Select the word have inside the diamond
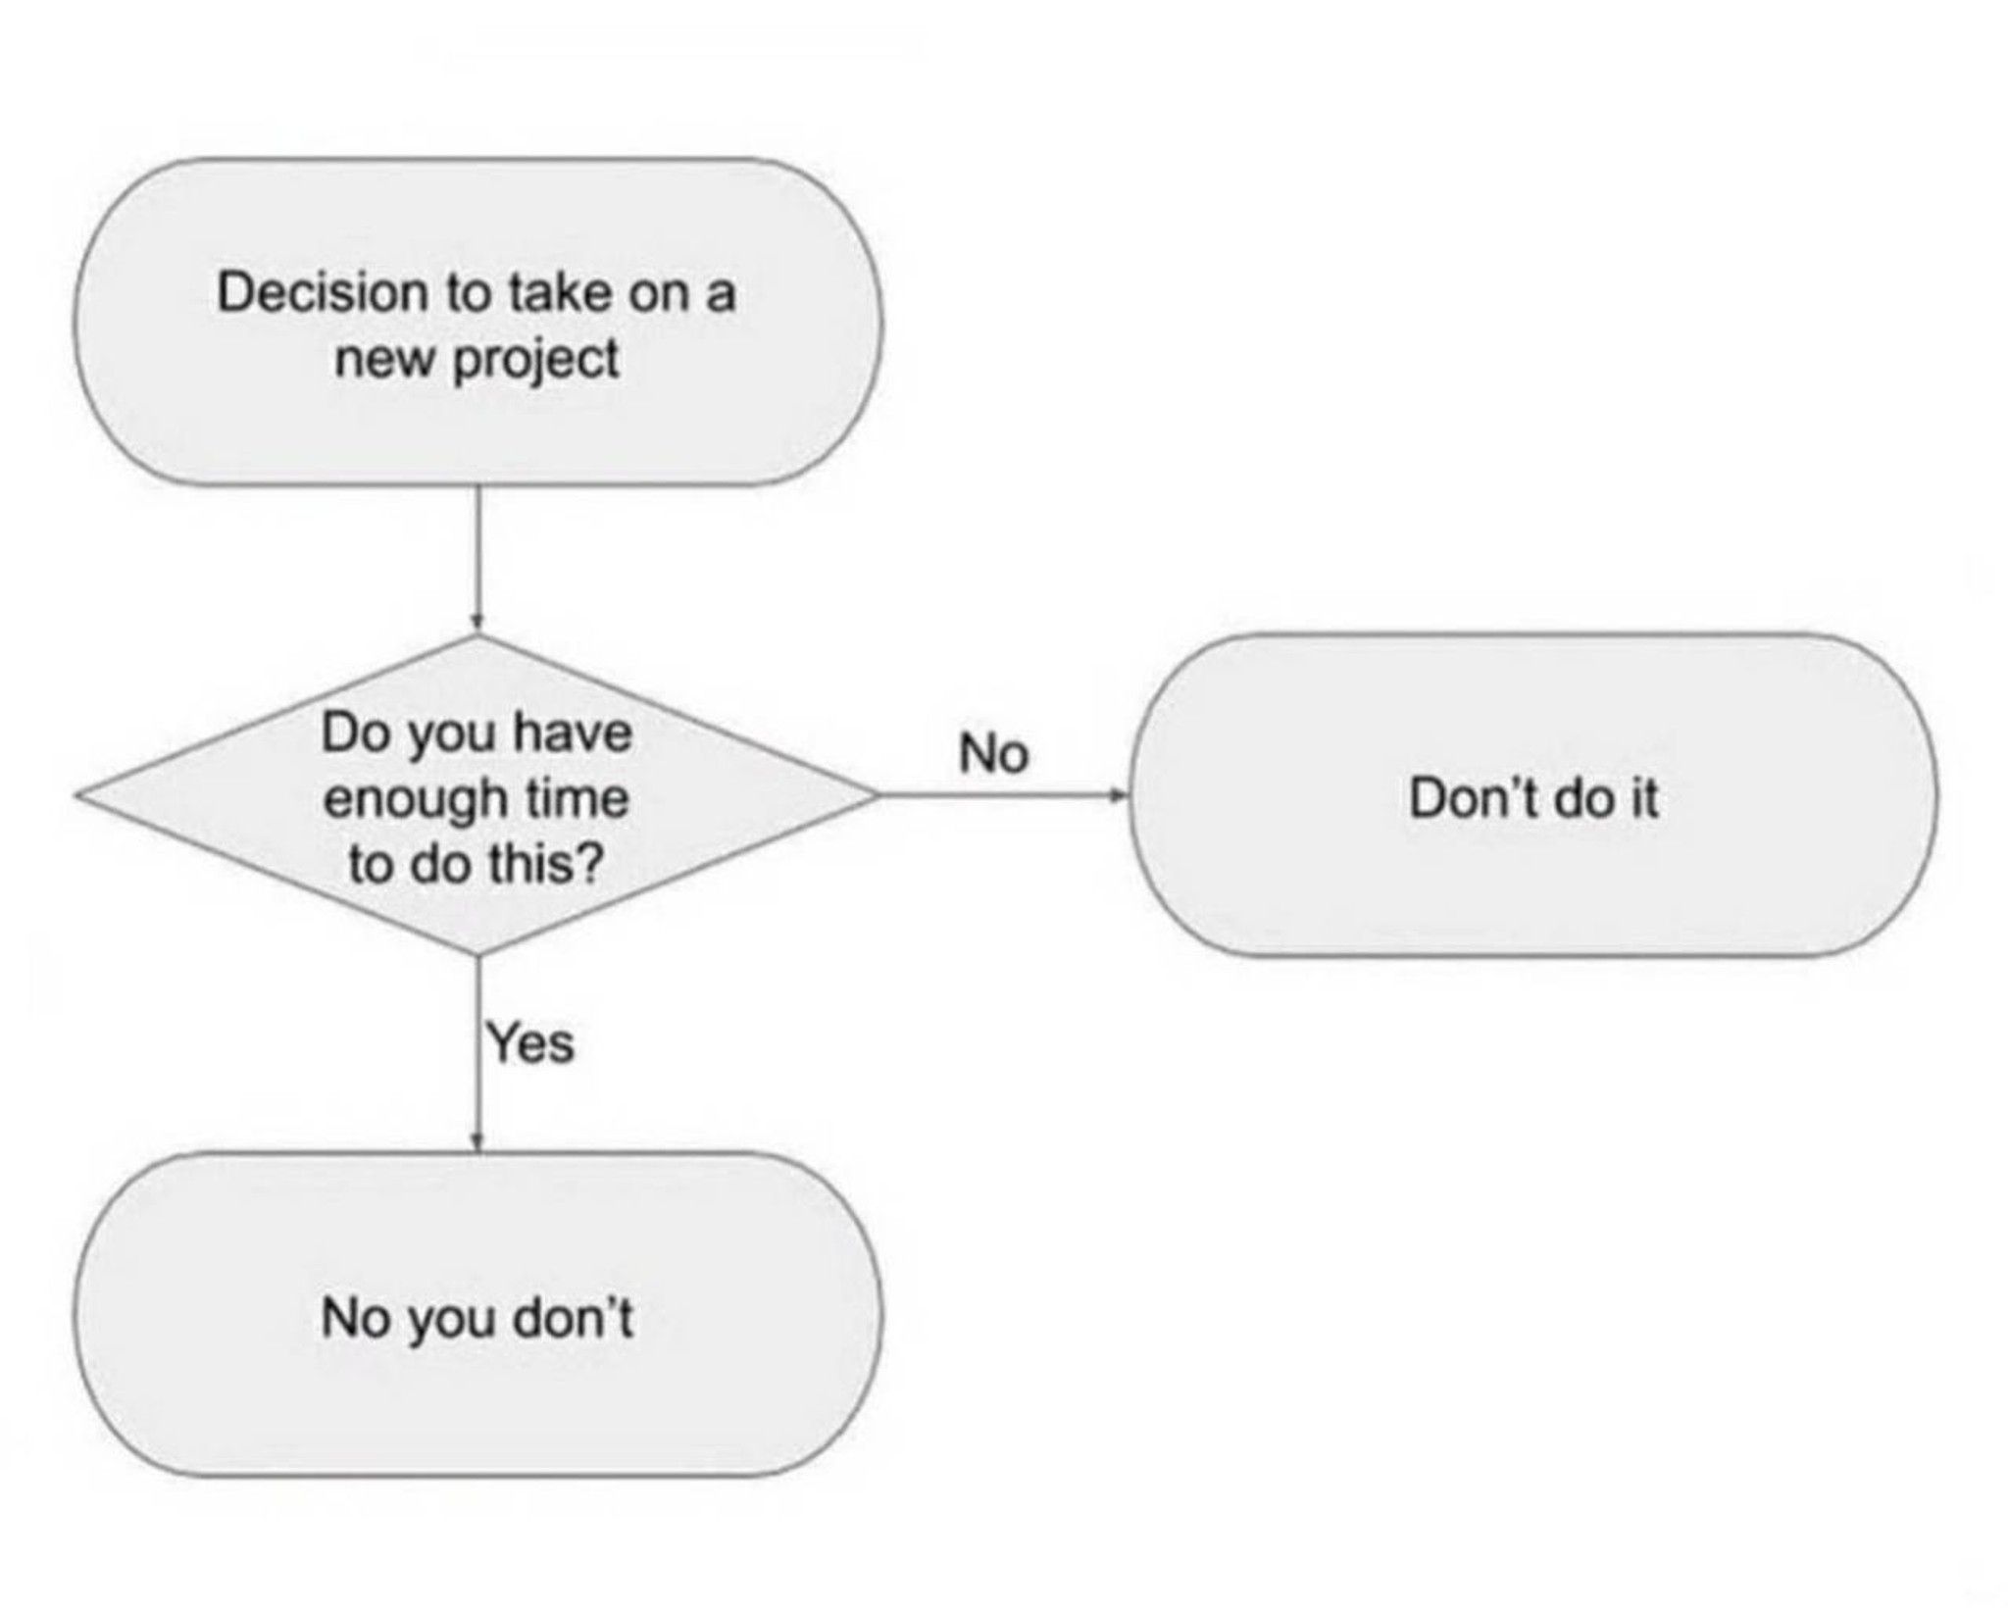click(572, 732)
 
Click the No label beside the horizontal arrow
click(993, 753)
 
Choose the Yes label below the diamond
click(530, 1041)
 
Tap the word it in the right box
click(1642, 797)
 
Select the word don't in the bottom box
click(574, 1316)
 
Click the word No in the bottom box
click(356, 1317)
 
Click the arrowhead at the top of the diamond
click(477, 623)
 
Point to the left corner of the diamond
click(76, 795)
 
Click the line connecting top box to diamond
click(477, 559)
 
